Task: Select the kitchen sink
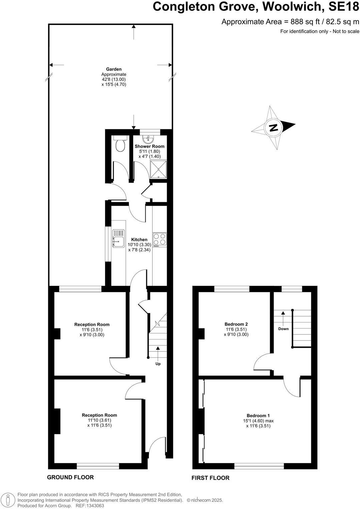118,239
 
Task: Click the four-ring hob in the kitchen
160,239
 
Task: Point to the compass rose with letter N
274,128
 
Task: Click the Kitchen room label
139,240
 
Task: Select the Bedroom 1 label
258,415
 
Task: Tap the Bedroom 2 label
236,324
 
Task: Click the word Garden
114,69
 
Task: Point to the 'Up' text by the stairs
158,364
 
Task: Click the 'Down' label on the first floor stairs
283,329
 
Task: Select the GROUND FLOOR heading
70,477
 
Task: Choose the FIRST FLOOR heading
210,478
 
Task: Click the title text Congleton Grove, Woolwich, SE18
256,7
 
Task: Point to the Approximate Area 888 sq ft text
290,22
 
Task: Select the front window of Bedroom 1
259,466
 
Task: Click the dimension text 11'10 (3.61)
99,420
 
